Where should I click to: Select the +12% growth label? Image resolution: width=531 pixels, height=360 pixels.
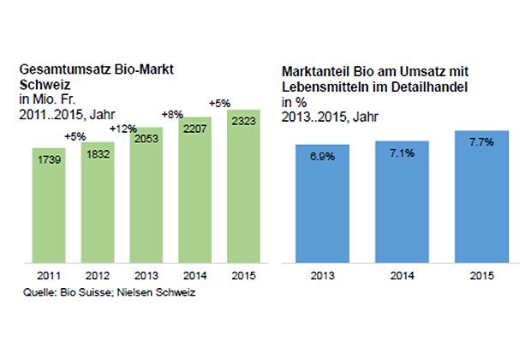[123, 128]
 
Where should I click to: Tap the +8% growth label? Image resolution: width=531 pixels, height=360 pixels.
[172, 113]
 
